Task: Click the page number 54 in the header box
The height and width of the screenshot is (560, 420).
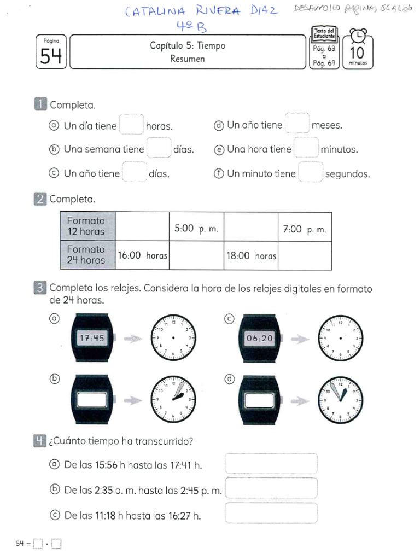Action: [51, 56]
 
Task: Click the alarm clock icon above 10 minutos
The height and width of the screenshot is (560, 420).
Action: [358, 36]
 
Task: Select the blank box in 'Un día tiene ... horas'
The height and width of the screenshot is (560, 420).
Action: [131, 125]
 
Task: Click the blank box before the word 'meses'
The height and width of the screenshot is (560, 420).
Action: [297, 124]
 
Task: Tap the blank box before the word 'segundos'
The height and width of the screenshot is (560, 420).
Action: [310, 173]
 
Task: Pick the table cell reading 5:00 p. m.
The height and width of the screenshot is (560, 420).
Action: [196, 230]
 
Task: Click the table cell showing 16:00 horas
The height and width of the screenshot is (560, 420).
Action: [142, 255]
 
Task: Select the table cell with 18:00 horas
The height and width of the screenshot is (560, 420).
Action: [251, 255]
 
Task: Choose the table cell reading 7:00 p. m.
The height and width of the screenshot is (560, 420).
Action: [305, 230]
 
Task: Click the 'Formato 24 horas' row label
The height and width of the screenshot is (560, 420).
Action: [86, 255]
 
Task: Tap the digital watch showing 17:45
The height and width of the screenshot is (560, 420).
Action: [91, 339]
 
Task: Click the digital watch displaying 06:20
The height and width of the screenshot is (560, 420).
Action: [259, 339]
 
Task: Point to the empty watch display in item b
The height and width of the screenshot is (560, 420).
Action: [91, 400]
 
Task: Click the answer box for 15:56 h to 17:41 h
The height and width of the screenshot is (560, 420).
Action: [271, 464]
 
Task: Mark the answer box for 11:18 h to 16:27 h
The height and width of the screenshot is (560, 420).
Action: [271, 514]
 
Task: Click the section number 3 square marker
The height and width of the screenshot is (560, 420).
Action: [40, 288]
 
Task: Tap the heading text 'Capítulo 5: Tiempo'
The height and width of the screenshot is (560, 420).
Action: [187, 46]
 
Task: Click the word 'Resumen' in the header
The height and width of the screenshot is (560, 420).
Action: [187, 59]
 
